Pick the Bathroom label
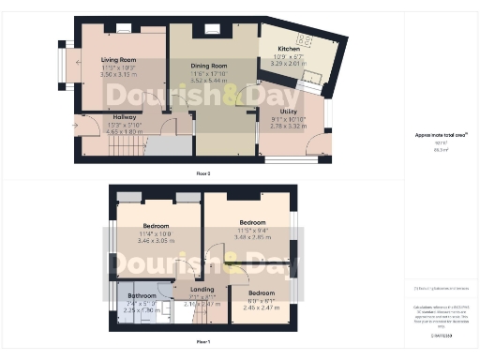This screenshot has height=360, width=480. pyautogui.click(x=142, y=296)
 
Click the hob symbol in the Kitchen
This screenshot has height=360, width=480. pyautogui.click(x=304, y=40)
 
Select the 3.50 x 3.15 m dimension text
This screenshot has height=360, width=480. pyautogui.click(x=118, y=76)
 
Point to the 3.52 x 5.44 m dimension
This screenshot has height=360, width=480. pyautogui.click(x=211, y=81)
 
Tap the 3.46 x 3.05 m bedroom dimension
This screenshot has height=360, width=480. pyautogui.click(x=156, y=241)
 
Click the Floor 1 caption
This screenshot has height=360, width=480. pyautogui.click(x=202, y=341)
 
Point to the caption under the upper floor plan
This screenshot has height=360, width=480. pyautogui.click(x=202, y=174)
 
